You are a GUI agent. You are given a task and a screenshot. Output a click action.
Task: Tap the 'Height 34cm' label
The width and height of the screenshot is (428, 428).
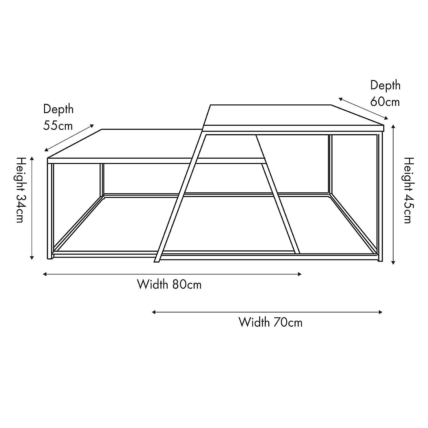[x=20, y=190]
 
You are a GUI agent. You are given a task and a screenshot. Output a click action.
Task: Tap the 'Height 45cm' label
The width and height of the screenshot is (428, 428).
[x=409, y=190]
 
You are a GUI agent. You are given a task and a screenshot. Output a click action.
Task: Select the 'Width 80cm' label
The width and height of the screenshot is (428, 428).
[x=169, y=284]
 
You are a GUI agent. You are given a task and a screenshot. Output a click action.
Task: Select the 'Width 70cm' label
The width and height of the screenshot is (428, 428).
[x=270, y=322]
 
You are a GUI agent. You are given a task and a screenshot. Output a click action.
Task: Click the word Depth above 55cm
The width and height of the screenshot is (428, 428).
[x=58, y=109]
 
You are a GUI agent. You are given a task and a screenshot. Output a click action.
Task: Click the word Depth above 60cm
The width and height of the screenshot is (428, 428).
[x=385, y=85]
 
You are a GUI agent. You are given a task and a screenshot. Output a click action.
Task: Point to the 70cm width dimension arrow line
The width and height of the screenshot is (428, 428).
[x=267, y=312]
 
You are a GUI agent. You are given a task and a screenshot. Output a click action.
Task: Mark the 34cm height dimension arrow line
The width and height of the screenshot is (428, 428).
[x=32, y=208]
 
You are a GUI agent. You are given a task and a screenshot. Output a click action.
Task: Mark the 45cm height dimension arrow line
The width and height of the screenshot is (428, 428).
[x=393, y=194]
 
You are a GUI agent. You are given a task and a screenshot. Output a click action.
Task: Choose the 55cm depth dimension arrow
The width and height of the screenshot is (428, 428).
[x=69, y=138]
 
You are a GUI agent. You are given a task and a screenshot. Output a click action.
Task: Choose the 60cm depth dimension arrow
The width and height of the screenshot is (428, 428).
[x=363, y=108]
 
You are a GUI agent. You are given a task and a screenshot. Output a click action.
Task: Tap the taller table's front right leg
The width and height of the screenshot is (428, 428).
[x=380, y=197]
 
